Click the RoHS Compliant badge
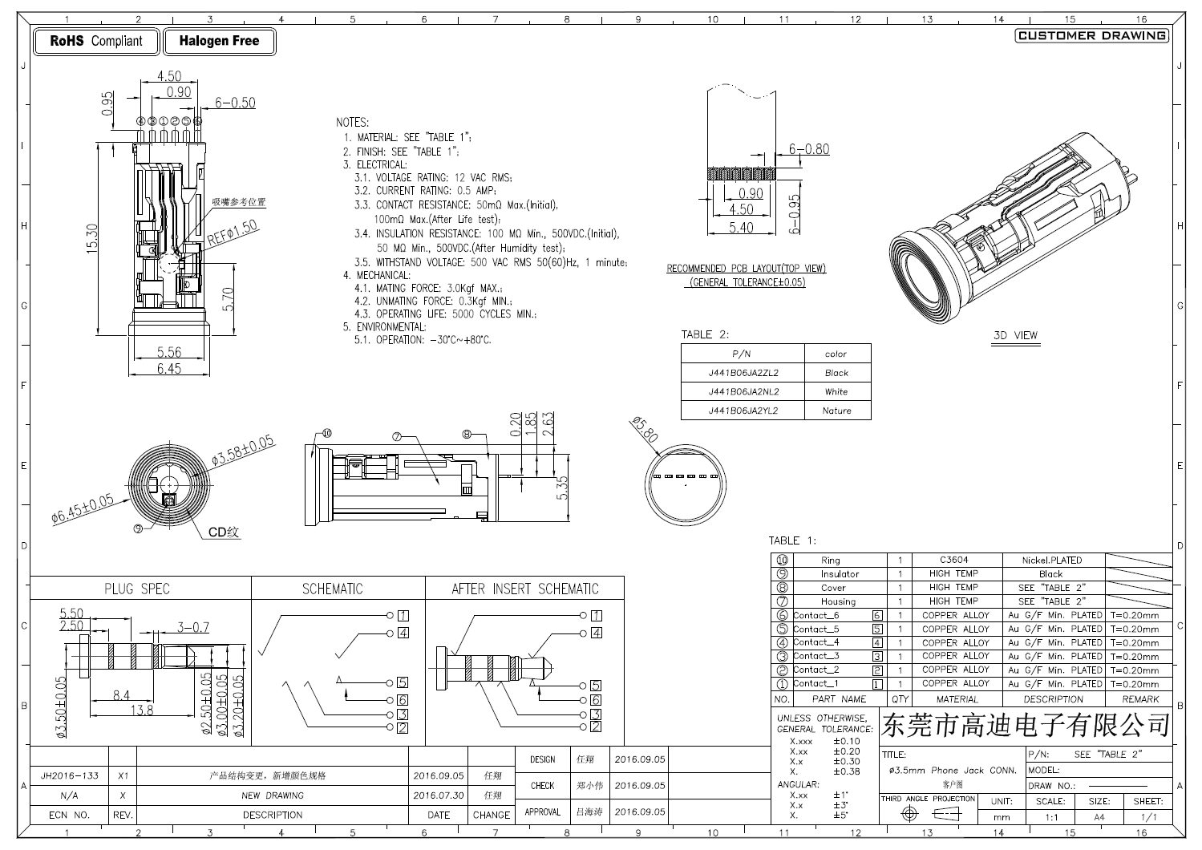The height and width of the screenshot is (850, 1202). (96, 41)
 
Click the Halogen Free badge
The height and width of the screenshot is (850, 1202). (219, 41)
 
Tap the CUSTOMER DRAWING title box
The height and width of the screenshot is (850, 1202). (1091, 35)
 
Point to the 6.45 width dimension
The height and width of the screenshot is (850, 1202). (168, 369)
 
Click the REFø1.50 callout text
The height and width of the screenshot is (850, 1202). (233, 233)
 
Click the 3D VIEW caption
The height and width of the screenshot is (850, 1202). (1015, 335)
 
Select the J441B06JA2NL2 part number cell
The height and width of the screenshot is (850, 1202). (743, 392)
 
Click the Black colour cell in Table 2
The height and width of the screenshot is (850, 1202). (836, 373)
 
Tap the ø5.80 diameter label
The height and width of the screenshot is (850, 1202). (645, 430)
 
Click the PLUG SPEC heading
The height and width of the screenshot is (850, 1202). (137, 589)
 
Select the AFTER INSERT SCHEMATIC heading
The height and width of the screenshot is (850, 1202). (524, 589)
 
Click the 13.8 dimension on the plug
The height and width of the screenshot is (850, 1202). (142, 710)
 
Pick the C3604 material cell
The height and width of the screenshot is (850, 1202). (953, 561)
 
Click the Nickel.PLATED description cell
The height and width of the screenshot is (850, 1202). (1051, 561)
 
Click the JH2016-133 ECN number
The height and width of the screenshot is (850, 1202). (69, 775)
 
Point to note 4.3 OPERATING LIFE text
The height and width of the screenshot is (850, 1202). (445, 314)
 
